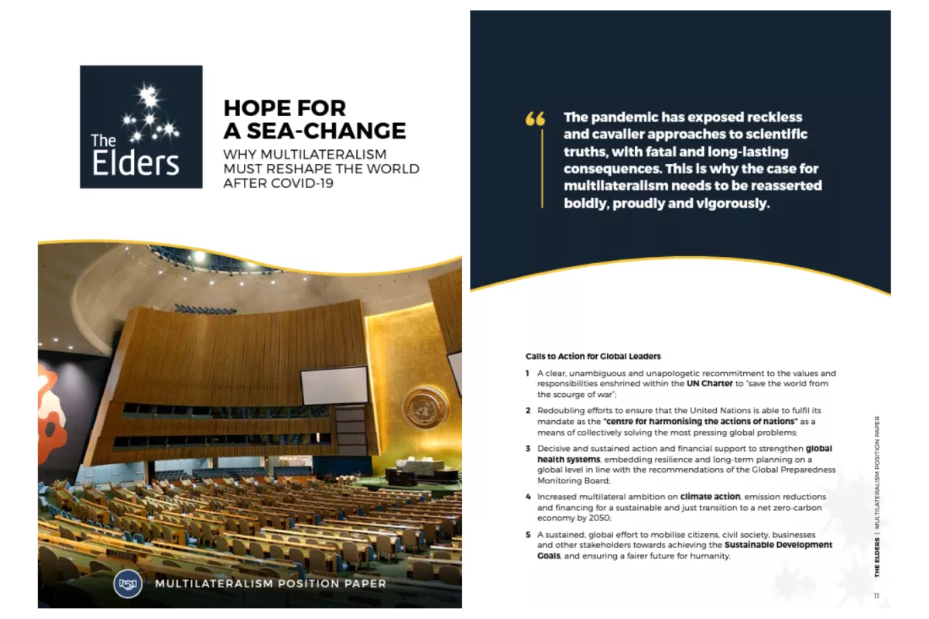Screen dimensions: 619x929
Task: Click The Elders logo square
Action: click(x=141, y=127)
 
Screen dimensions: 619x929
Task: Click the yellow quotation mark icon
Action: click(x=535, y=118)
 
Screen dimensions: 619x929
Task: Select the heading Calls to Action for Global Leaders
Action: click(x=593, y=357)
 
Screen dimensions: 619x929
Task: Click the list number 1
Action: click(x=527, y=373)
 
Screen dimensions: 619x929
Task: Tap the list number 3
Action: click(x=527, y=449)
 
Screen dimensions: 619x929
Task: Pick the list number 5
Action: click(x=527, y=535)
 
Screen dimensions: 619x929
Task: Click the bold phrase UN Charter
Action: click(x=710, y=384)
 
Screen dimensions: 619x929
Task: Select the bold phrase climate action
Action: click(x=711, y=497)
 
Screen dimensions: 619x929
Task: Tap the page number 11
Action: click(x=876, y=595)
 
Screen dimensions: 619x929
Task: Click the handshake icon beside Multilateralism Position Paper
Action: click(x=128, y=583)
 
